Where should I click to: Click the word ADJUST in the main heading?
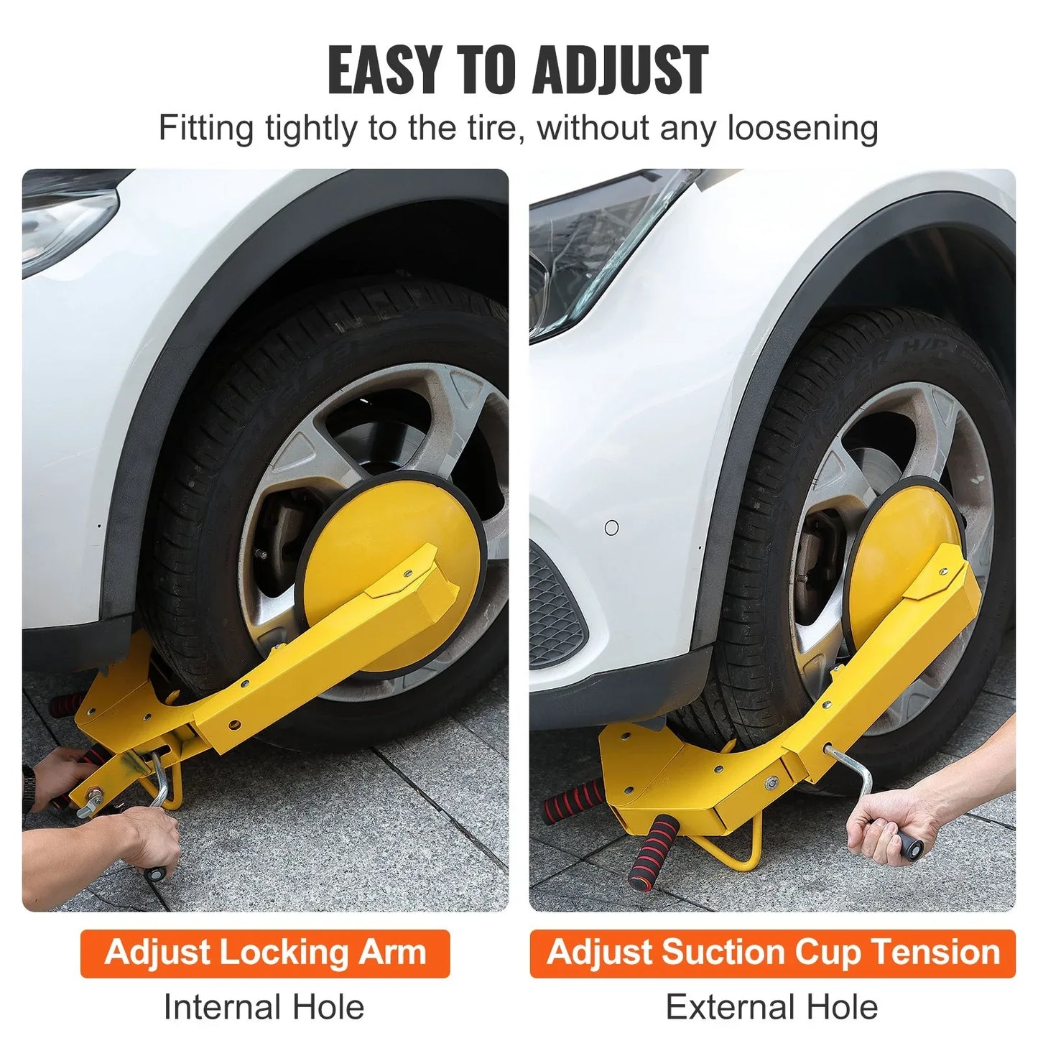coord(620,70)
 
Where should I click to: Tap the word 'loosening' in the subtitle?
coord(802,129)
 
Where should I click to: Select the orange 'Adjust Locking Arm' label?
coord(265,953)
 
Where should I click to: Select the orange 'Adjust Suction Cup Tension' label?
coord(772,953)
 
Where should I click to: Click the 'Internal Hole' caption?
coord(264,1007)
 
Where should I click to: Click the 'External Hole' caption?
coord(771,1007)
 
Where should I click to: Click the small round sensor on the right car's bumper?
coord(611,528)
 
